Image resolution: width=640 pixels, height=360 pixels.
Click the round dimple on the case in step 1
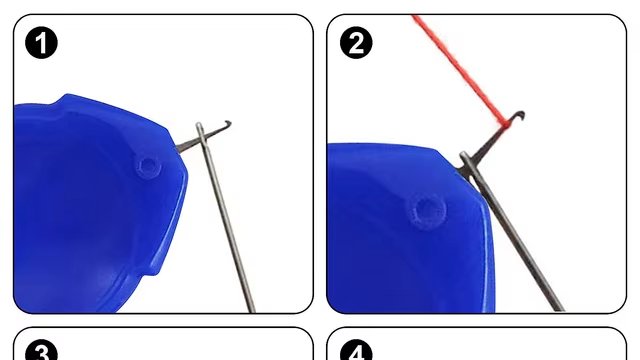149,164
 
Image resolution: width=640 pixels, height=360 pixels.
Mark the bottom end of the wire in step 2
560,308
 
